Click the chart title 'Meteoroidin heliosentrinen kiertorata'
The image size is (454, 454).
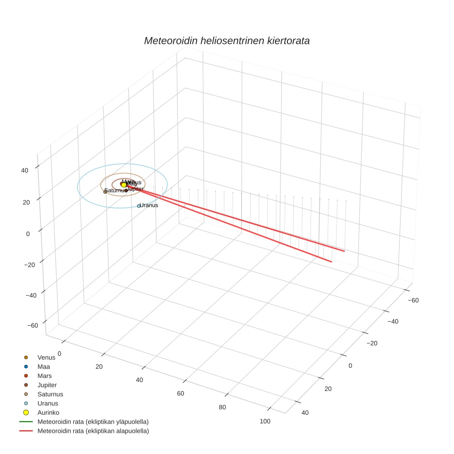coord(227,41)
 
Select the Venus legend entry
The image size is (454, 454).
coord(46,357)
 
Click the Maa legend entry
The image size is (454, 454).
coord(43,366)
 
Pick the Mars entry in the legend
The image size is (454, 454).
coord(44,376)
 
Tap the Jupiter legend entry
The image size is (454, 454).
coord(47,385)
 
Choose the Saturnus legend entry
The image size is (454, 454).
coord(50,394)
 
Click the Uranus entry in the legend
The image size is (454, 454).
coord(48,403)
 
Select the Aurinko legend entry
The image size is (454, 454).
coord(48,412)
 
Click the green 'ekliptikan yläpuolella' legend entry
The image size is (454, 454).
coord(92,422)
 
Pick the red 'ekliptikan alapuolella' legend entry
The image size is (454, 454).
coord(92,431)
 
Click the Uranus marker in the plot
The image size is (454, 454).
coord(138,206)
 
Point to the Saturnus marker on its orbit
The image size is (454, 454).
coord(105,191)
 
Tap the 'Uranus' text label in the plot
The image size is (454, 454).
coord(149,205)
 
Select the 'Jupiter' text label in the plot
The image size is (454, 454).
coord(135,189)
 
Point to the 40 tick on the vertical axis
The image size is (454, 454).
coord(24,170)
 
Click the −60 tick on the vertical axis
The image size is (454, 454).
coord(32,325)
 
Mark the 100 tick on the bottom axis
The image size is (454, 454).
coord(265,421)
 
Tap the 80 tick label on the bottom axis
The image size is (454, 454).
coord(222,407)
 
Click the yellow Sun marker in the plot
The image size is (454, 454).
coord(124,185)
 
